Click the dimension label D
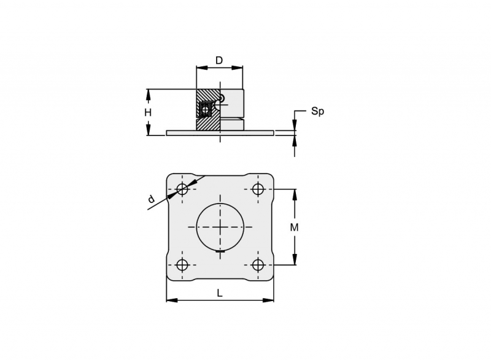tap(219, 60)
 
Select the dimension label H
tap(148, 112)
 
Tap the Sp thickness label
tap(317, 112)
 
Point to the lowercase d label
tap(151, 199)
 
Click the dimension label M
tap(294, 228)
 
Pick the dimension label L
tap(220, 293)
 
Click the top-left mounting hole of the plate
tap(182, 189)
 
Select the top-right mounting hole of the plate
tap(258, 189)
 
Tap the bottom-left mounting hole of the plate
tap(182, 265)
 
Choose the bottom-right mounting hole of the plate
tap(258, 265)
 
